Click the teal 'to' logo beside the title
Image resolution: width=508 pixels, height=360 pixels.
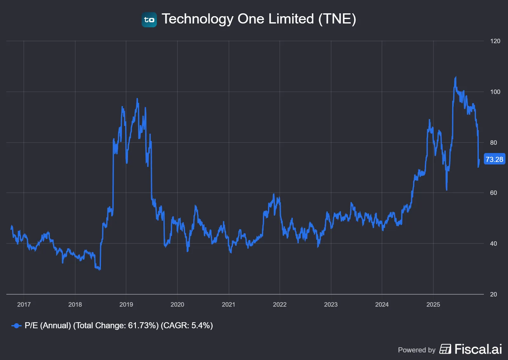pos(149,20)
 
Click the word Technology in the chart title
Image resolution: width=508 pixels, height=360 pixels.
pos(197,19)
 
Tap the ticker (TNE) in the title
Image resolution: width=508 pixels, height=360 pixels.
pos(337,19)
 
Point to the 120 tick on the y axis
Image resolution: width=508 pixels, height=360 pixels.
pos(495,41)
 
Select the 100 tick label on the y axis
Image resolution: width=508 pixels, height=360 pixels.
pos(495,92)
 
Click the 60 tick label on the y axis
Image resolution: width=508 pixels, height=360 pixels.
pos(493,193)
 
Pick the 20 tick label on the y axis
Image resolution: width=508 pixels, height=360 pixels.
pos(493,294)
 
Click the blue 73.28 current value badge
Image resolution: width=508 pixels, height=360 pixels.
pos(494,159)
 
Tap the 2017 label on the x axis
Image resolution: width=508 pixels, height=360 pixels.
pos(24,304)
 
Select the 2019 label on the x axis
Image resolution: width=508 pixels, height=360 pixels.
pos(126,304)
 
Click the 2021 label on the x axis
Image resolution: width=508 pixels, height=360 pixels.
pos(228,304)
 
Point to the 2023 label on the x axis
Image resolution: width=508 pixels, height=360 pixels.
pos(331,304)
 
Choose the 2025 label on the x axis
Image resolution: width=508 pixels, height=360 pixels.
pos(433,304)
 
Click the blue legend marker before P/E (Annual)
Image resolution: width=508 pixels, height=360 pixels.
pos(16,326)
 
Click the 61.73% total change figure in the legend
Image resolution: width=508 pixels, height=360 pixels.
pos(143,325)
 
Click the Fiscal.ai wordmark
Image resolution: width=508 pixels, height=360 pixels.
pos(478,349)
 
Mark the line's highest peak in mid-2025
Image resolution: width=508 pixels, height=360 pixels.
pos(456,77)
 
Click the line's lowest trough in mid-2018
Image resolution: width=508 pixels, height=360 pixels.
pos(100,270)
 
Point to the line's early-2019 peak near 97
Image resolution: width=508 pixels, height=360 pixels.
pos(137,99)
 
